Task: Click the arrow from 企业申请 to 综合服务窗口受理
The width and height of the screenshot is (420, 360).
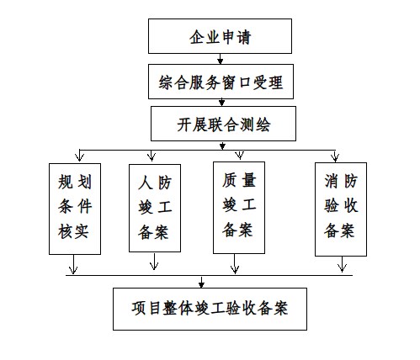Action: (221, 59)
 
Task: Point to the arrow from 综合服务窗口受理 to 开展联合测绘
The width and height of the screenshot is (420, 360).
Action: (221, 103)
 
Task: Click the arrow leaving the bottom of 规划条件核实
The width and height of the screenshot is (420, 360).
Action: (73, 264)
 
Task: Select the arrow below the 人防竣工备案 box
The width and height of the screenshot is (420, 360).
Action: (154, 261)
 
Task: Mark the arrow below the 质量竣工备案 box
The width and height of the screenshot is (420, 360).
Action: (235, 264)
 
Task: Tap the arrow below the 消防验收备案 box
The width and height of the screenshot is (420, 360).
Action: (342, 264)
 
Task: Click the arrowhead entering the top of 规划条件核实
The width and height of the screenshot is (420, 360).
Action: (79, 157)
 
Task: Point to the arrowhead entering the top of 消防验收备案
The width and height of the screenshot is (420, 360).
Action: (335, 157)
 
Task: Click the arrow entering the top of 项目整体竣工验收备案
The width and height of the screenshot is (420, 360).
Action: (201, 282)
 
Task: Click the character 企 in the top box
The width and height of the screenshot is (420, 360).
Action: (197, 37)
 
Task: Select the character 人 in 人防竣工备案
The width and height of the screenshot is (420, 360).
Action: (146, 183)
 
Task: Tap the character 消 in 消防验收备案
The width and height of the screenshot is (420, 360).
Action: (332, 181)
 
